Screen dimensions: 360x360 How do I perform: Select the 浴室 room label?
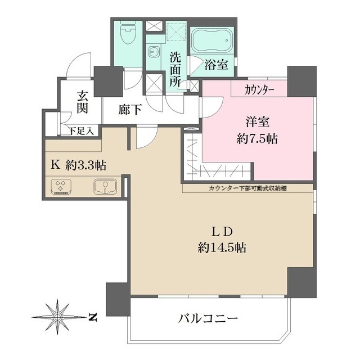[216, 65]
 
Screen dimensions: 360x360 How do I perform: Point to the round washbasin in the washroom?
[153, 51]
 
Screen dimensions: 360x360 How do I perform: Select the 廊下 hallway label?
[130, 110]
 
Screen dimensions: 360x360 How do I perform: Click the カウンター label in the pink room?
[259, 89]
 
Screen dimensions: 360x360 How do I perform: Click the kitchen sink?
[105, 186]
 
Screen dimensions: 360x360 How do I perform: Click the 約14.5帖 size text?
[222, 247]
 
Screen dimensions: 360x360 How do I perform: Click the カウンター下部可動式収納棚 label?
[247, 188]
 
